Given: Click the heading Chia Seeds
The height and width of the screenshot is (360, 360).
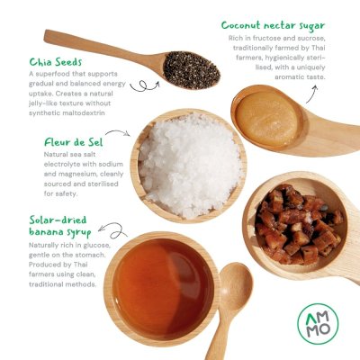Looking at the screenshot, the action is click(56, 62).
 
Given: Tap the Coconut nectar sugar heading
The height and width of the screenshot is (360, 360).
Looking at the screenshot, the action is click(273, 26).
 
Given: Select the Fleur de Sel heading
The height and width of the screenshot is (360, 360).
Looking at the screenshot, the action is click(74, 142).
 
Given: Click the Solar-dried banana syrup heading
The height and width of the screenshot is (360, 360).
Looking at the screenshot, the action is click(59, 226).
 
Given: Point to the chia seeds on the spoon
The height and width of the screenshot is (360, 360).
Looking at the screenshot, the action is click(192, 70).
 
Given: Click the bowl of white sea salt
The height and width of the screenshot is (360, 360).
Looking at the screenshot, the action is click(188, 166).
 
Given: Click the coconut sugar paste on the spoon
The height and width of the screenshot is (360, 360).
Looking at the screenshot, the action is click(266, 119).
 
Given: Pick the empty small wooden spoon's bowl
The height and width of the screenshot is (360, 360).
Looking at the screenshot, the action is click(236, 286).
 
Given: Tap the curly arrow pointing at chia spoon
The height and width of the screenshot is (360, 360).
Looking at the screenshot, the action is click(145, 85).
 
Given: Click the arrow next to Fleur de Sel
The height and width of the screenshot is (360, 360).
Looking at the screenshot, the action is click(118, 132).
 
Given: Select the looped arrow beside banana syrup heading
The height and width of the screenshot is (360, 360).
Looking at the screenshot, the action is click(112, 230).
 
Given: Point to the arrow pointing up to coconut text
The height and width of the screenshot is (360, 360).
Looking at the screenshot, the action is click(312, 94).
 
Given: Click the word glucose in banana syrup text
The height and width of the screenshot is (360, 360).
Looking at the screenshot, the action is click(95, 246).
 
